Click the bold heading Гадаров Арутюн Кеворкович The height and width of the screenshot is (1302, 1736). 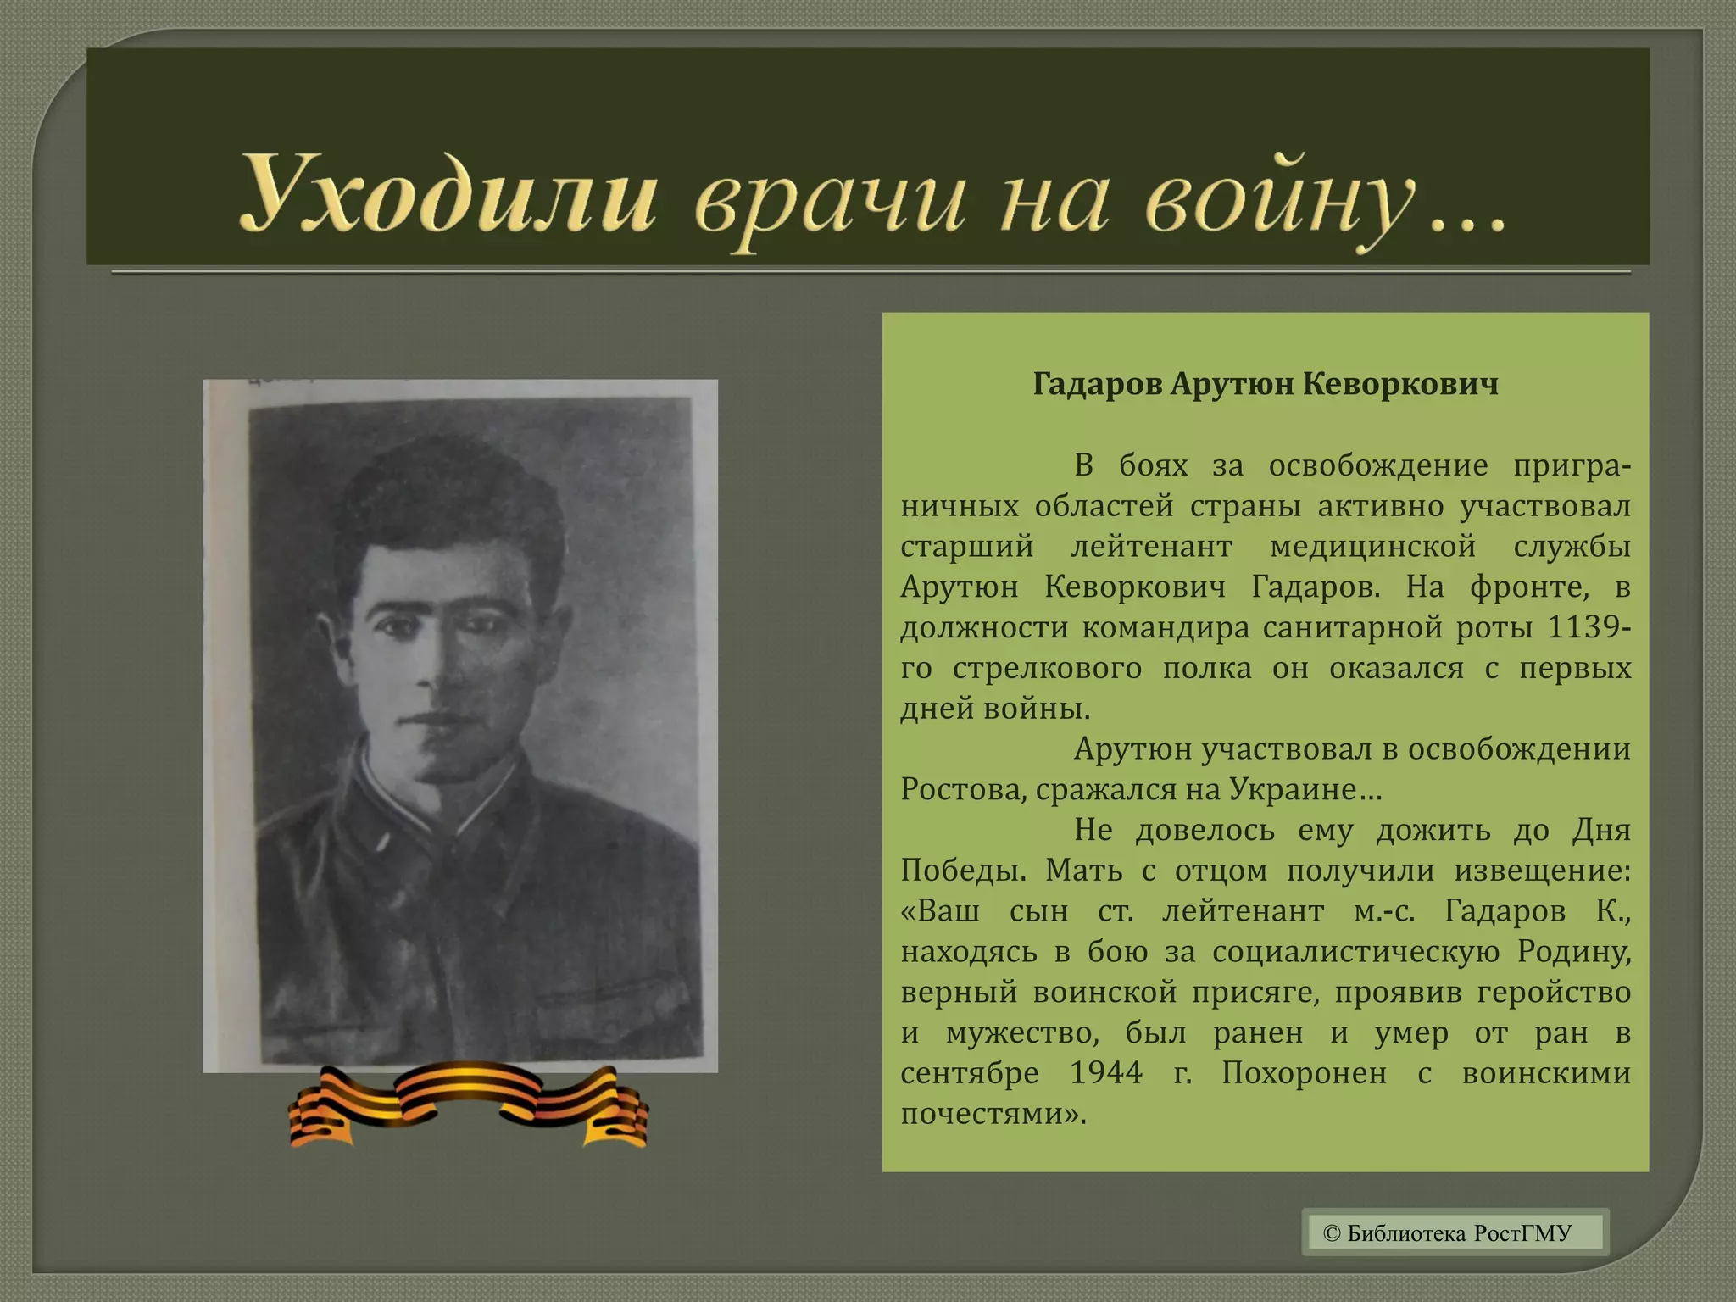1266,385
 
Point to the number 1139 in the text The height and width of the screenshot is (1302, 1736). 1584,628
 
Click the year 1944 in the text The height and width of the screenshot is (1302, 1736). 1105,1074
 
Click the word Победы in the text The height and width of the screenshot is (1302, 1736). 963,871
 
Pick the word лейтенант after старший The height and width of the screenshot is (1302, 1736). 1151,547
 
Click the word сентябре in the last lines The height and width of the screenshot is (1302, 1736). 969,1074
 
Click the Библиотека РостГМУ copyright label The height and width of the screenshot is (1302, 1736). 1455,1232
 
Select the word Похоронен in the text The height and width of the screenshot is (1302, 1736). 1304,1074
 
